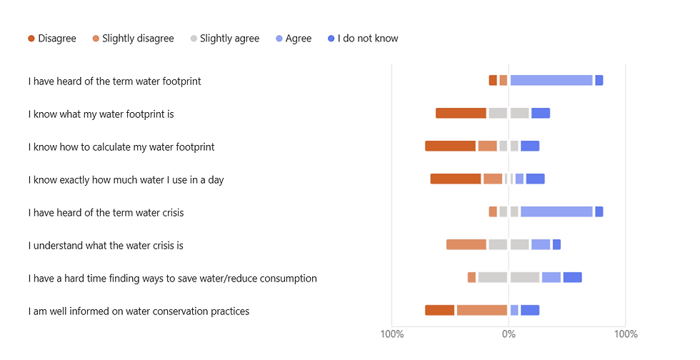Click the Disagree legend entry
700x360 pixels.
52,39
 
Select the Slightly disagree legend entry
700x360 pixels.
133,39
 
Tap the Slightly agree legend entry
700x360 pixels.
224,39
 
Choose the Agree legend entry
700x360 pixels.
294,39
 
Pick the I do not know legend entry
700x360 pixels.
362,39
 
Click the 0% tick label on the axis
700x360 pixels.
509,334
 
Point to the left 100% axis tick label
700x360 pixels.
392,334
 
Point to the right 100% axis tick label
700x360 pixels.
626,334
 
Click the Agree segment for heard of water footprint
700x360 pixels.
551,81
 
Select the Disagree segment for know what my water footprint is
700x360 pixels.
461,113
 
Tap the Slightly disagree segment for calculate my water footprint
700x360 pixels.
487,146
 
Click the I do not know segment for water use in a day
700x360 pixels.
535,179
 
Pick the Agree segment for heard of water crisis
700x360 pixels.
556,212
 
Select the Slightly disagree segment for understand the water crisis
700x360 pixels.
466,245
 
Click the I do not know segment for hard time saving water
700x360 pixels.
572,278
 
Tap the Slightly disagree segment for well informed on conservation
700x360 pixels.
482,311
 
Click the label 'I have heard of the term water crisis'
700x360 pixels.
106,213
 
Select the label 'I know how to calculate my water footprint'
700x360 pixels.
121,147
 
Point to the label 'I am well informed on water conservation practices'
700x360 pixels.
139,311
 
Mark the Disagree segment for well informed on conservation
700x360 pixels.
440,311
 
